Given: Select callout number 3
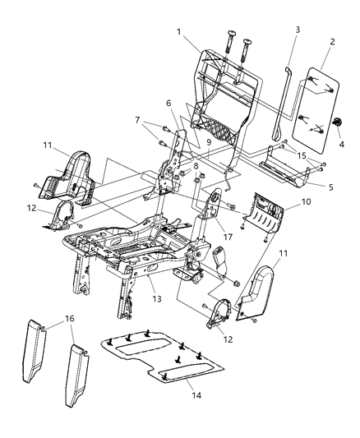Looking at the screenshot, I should point(298,30).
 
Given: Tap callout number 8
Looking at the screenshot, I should point(196,166).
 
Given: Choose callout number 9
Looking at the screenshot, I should point(209,141).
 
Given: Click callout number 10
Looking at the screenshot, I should point(305,201).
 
